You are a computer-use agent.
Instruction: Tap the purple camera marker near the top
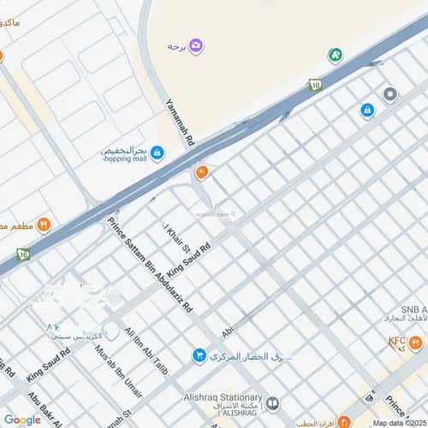196,45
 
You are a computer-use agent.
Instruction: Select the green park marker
336,56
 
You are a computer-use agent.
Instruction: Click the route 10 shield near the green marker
314,85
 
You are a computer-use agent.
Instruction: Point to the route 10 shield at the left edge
22,253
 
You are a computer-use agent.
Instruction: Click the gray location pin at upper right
390,94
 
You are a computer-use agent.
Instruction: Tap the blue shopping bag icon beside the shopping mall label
158,152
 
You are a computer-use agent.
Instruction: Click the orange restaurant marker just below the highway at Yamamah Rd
202,174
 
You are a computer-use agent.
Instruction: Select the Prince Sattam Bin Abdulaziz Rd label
150,265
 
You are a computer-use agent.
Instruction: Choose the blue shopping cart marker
199,354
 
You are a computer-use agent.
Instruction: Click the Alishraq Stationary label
222,397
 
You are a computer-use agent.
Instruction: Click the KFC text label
396,341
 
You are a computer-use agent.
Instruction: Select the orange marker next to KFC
415,344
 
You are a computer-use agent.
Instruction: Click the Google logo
22,419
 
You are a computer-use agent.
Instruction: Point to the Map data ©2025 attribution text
399,423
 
